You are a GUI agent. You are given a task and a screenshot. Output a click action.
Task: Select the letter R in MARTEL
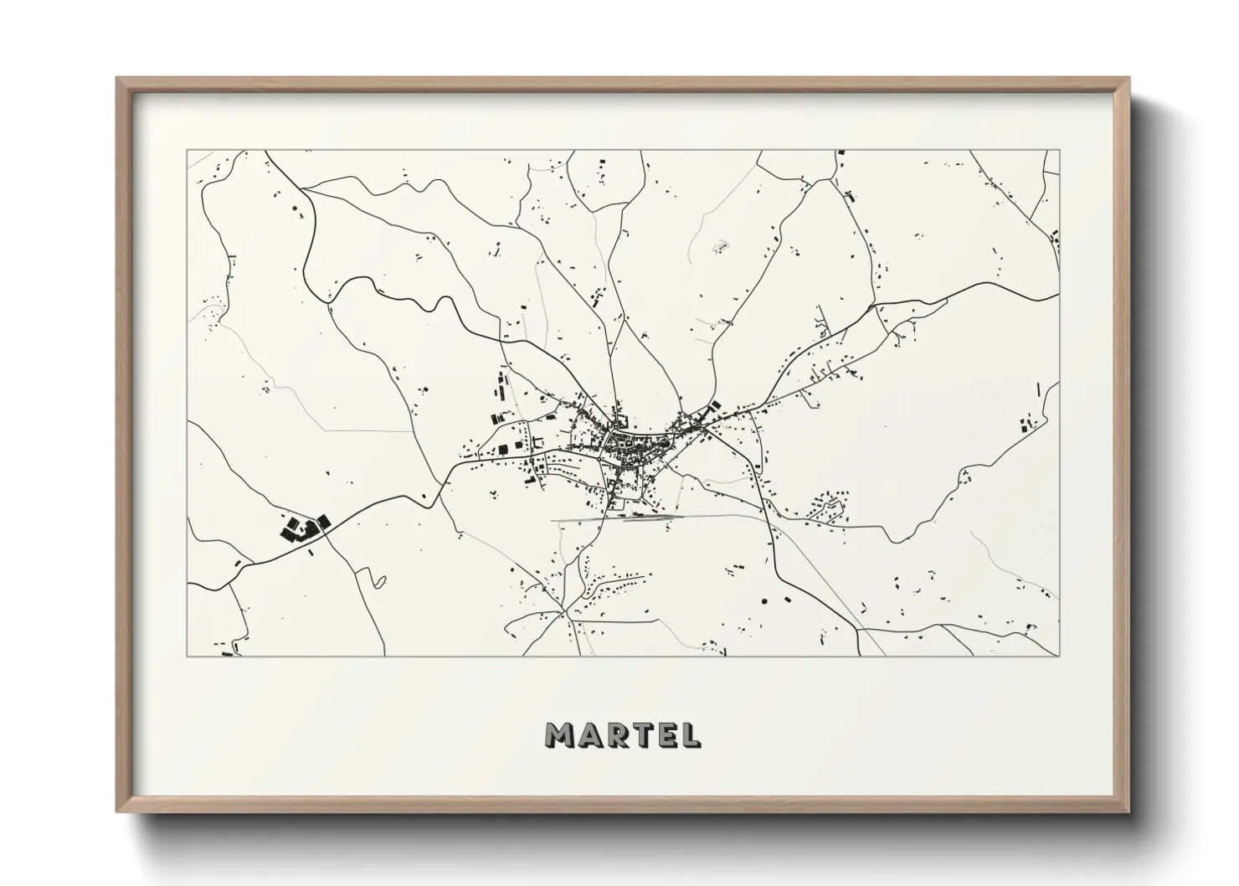[617, 734]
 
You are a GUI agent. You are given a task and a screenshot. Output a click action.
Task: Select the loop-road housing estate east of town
[831, 509]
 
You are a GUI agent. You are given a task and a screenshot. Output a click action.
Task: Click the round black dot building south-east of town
[764, 600]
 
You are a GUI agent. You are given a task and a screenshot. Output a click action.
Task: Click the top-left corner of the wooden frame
[118, 79]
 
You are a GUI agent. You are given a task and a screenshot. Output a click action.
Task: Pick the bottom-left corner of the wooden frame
[118, 811]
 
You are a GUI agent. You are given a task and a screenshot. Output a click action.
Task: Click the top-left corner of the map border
[187, 151]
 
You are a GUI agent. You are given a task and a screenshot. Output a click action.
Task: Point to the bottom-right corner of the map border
[1059, 656]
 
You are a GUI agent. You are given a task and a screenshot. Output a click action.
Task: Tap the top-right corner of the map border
[1059, 151]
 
